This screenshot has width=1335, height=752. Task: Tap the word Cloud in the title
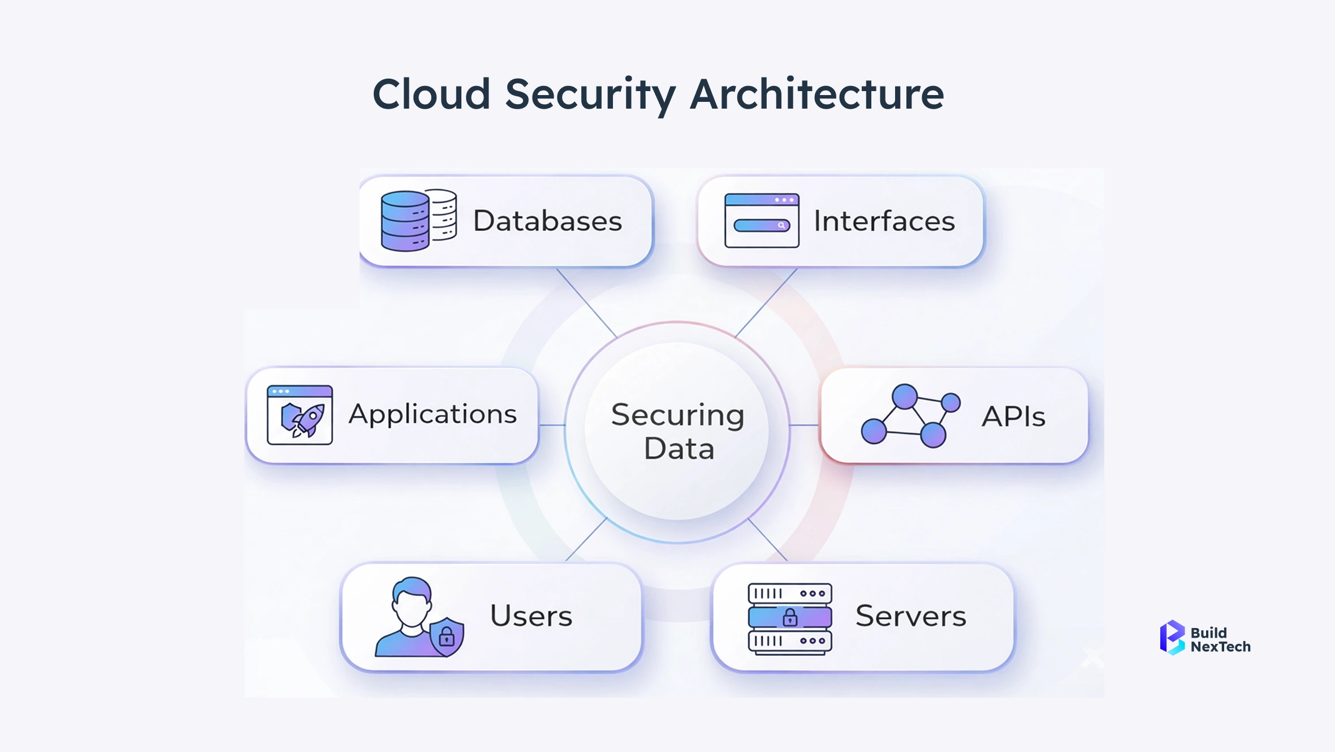pos(431,94)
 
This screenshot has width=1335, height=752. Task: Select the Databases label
pos(547,221)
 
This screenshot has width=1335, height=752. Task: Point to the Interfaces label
pos(884,221)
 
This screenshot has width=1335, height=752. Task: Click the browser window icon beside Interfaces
pos(762,221)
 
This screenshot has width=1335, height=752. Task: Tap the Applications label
pos(433,414)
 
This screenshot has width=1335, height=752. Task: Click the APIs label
pos(1013,416)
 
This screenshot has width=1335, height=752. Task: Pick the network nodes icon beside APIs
pos(910,416)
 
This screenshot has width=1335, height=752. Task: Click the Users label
pos(531,616)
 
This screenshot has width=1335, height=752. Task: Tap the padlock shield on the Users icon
pos(447,637)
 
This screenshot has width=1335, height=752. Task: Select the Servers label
pos(910,616)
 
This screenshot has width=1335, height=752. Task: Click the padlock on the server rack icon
pos(790,617)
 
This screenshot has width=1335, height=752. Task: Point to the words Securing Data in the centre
pos(678,431)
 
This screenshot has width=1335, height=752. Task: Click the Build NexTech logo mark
pos(1172,638)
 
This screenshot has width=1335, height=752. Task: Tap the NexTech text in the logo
pos(1220,647)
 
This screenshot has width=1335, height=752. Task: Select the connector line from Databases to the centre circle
pos(586,303)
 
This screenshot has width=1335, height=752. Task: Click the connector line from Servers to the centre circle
pos(767,539)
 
